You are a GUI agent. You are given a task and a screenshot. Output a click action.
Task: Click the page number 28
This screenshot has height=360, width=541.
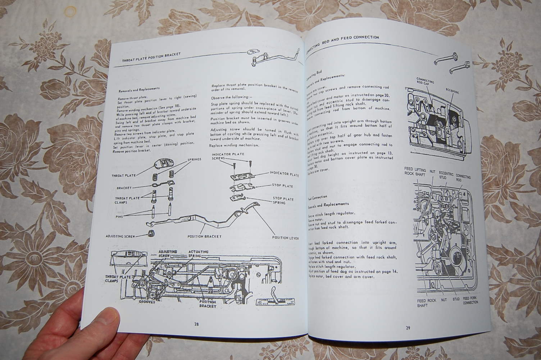(x=196, y=324)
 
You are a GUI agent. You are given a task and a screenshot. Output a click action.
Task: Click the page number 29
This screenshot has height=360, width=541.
(x=408, y=328)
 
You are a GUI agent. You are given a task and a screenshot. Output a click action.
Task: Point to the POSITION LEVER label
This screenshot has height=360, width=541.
(x=286, y=238)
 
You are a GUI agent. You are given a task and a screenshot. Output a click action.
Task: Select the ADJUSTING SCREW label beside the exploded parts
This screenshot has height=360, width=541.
(x=120, y=237)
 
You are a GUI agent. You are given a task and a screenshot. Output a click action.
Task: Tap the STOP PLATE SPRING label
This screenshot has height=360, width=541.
(x=283, y=201)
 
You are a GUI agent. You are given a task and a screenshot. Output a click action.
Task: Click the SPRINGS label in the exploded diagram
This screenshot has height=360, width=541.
(x=194, y=159)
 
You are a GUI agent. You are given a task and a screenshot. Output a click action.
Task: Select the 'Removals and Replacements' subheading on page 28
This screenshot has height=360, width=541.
(x=138, y=89)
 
